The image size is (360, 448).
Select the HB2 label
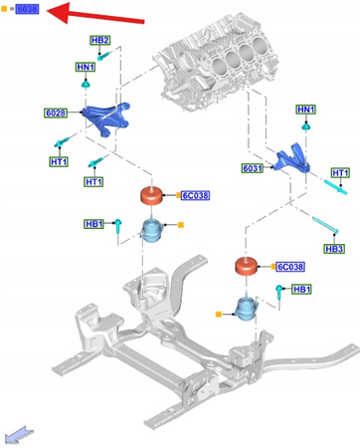click(x=100, y=41)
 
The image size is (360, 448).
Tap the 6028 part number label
click(x=56, y=113)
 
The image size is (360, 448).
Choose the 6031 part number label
click(x=254, y=168)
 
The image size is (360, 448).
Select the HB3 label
click(x=334, y=247)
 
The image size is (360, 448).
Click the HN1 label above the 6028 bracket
click(x=87, y=67)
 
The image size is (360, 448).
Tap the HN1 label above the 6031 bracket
click(x=306, y=109)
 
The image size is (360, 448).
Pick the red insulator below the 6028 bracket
click(x=151, y=197)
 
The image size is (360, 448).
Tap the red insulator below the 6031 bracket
click(x=248, y=268)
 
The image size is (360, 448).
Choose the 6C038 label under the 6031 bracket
click(x=289, y=267)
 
